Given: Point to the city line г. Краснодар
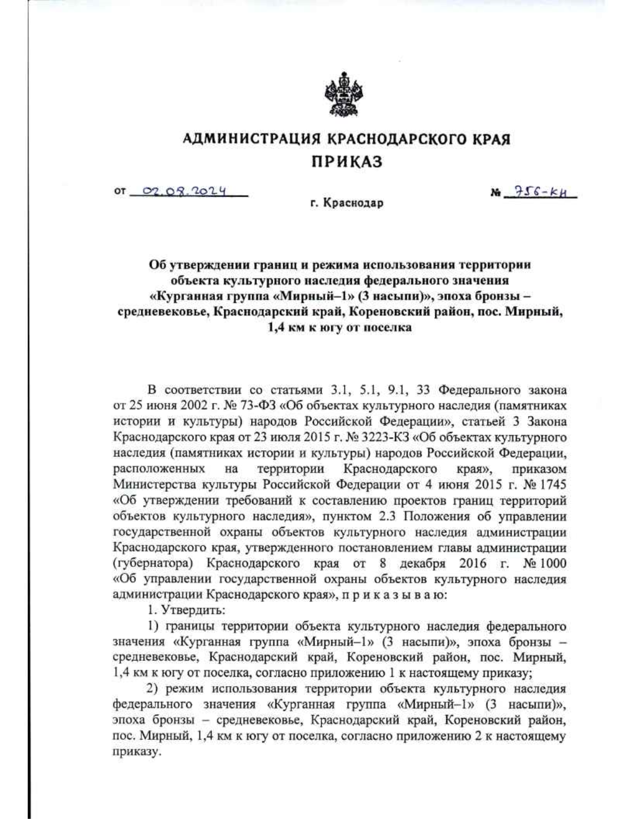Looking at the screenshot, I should [347, 204].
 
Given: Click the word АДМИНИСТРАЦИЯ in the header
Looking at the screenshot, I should [252, 140].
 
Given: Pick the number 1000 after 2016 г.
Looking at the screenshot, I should [553, 563].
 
